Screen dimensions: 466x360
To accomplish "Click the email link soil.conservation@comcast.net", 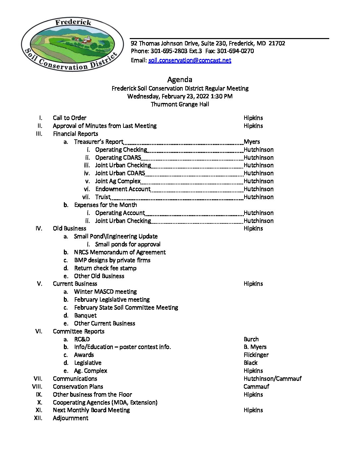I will tap(190, 60).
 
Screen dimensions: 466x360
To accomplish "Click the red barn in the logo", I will tap(87, 41).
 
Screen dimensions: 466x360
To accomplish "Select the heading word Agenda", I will tap(180, 79).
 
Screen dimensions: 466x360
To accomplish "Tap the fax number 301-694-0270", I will tap(235, 51).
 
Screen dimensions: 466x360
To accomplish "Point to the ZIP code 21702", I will tap(277, 43).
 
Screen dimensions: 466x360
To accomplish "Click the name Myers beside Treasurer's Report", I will tap(252, 142).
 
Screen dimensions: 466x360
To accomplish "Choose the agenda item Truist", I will tap(103, 197).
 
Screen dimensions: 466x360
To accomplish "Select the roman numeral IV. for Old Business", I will tap(39, 228).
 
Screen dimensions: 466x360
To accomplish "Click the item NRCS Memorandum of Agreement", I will tap(120, 252).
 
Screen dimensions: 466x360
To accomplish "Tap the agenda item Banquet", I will tap(85, 315).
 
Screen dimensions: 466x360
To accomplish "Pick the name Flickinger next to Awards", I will tap(256, 355).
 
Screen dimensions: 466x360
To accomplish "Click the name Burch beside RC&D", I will tap(251, 339).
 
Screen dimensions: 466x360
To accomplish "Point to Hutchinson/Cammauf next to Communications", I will tap(272, 379).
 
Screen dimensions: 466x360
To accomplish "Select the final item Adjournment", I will tap(70, 418).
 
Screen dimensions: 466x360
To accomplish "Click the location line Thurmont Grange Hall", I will tap(180, 104).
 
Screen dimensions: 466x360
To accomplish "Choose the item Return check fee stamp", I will tap(105, 268).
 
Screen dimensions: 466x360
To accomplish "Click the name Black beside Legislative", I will tap(250, 363).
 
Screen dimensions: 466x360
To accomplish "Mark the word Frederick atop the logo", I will tap(73, 23).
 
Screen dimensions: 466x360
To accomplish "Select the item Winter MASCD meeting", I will tap(105, 292).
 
